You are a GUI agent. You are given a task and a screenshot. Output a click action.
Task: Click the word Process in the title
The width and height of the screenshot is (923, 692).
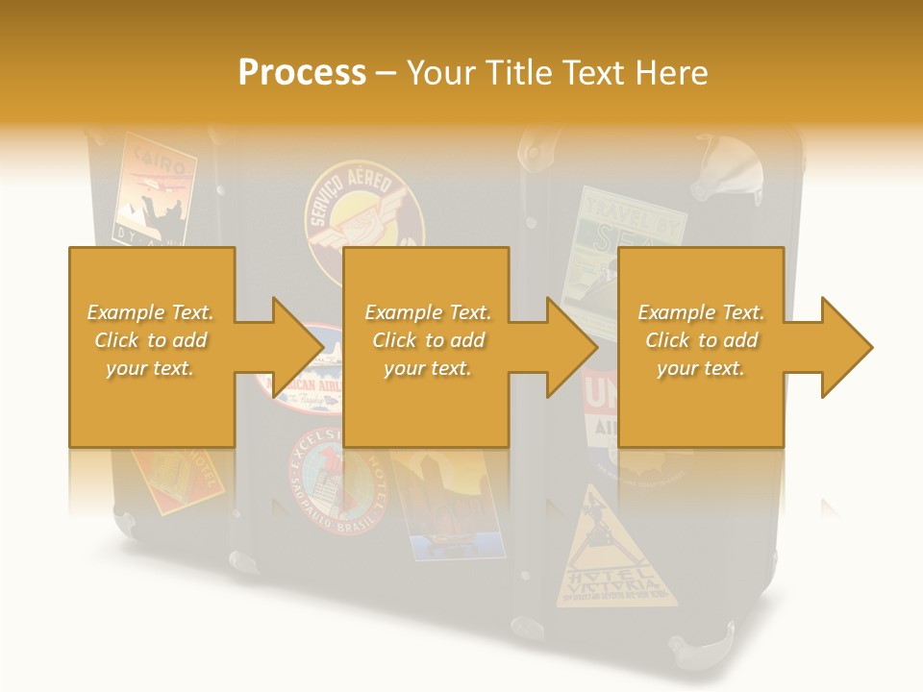(x=302, y=73)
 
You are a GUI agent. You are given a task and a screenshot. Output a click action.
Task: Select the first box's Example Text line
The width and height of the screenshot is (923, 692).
(x=151, y=312)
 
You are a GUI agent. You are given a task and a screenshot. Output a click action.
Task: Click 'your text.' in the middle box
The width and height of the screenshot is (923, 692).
(x=427, y=368)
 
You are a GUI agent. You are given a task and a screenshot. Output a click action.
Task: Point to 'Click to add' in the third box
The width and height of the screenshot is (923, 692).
(x=701, y=340)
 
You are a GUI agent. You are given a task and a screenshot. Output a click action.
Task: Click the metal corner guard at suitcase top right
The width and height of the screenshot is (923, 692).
(x=726, y=163)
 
